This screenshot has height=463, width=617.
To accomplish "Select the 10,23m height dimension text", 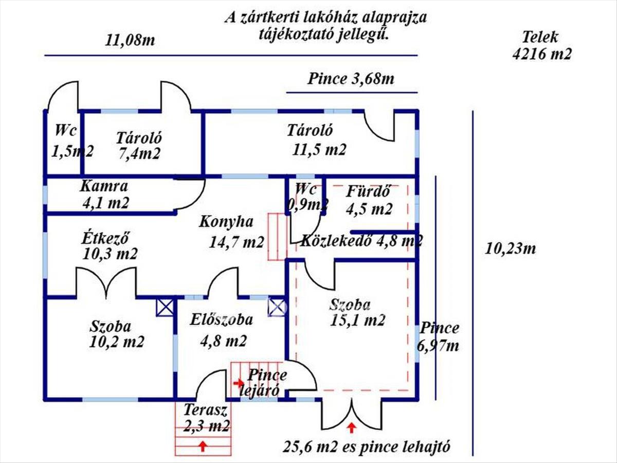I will tap(510, 249).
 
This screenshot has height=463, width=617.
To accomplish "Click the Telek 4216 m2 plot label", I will tap(541, 46).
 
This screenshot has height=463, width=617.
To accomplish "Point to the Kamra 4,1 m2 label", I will tap(105, 194).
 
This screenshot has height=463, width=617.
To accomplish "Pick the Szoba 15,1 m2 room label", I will tap(358, 312).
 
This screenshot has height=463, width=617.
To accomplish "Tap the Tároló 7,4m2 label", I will tap(139, 146).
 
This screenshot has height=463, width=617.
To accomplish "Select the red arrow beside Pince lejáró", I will tap(238, 383).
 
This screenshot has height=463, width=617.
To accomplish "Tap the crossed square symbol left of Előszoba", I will tap(165, 307).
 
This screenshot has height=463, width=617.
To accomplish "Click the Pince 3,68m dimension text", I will tap(351, 79).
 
